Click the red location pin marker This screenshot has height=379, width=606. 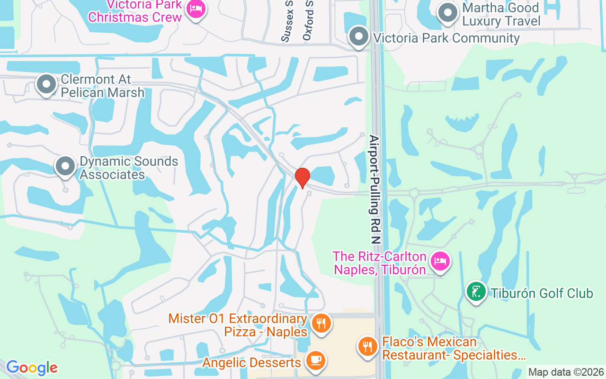click(x=302, y=178)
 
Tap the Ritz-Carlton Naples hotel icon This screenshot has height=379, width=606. click(x=440, y=261)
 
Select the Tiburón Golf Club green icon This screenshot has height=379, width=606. click(x=476, y=292)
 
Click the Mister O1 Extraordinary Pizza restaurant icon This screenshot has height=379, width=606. click(x=321, y=324)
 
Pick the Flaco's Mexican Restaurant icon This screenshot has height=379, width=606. click(x=367, y=346)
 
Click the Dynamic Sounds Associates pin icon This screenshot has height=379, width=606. click(x=65, y=166)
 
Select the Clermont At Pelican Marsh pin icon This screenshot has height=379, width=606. click(x=46, y=84)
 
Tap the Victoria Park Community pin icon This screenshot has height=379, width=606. click(x=358, y=36)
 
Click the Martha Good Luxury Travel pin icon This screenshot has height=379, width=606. click(x=447, y=13)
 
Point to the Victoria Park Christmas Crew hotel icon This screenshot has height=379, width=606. click(x=195, y=9)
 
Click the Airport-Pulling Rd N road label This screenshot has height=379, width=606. click(x=375, y=189)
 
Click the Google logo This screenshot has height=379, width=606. click(x=32, y=368)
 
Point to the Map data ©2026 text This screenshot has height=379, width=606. click(x=566, y=372)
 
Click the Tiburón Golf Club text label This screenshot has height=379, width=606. click(x=542, y=294)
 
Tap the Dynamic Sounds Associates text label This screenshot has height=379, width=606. click(x=129, y=168)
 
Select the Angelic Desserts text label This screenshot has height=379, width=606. click(x=251, y=363)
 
